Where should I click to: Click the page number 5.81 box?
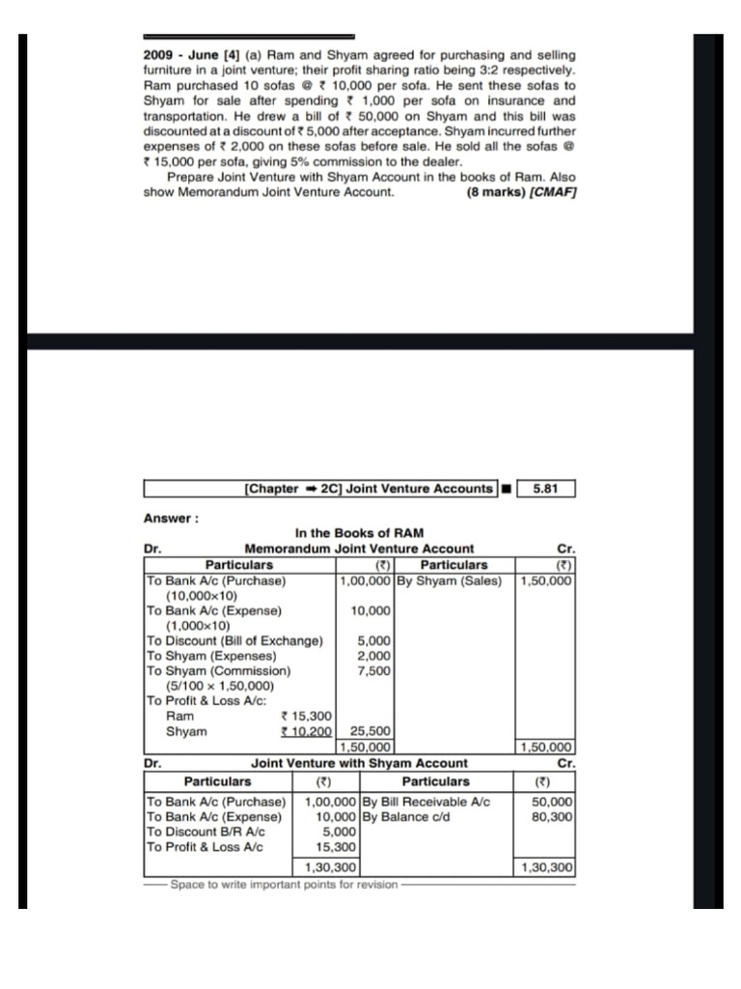click(545, 489)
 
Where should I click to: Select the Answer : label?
click(171, 518)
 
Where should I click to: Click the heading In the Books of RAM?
click(359, 533)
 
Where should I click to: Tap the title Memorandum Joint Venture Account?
click(359, 549)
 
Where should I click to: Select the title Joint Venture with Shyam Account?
click(359, 763)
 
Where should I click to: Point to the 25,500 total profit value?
click(370, 731)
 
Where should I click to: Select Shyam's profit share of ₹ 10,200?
click(305, 731)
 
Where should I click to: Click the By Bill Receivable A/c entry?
click(426, 802)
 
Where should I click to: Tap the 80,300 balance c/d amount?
click(554, 817)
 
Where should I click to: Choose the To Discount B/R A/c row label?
click(206, 832)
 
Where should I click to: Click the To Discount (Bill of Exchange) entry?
click(233, 640)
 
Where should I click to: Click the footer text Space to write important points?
click(284, 885)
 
